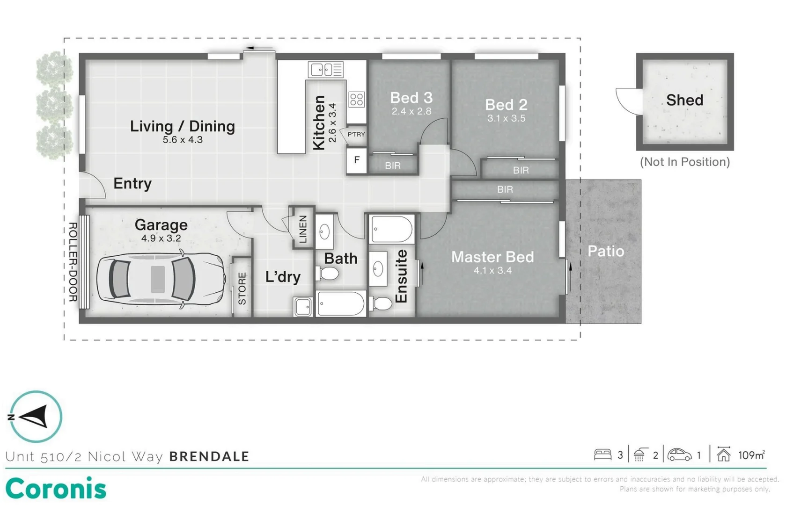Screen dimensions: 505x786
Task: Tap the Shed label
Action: coord(684,100)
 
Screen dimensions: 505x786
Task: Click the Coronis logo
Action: coord(56,489)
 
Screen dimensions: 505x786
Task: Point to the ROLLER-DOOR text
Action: coord(73,262)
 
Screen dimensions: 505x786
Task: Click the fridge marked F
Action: coord(357,160)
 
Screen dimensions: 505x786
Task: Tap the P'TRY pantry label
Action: coord(356,134)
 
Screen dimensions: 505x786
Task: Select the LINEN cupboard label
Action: coord(303,229)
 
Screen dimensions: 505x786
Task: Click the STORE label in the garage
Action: coord(242,289)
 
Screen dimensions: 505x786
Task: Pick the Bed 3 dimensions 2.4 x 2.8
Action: coord(411,111)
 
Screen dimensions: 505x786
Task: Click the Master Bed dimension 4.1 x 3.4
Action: coord(492,270)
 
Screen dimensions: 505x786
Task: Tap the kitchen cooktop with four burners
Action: coord(357,99)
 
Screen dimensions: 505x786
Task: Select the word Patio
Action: coord(606,251)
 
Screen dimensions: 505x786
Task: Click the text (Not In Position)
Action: coord(684,162)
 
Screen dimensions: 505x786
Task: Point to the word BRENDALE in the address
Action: coord(209,456)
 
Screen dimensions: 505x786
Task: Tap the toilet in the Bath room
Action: coord(327,274)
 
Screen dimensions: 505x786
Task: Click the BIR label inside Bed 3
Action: coord(392,166)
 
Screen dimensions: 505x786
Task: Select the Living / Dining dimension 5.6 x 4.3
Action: coord(183,139)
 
